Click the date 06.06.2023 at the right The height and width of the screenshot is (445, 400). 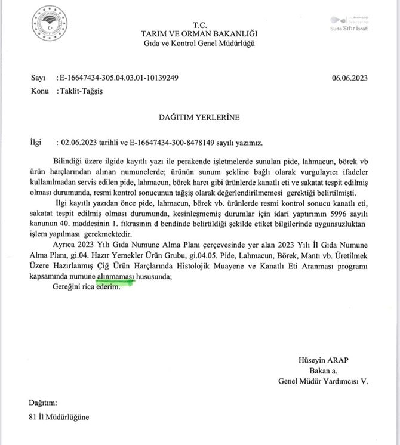click(350, 78)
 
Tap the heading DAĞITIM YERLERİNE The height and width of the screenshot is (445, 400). click(199, 118)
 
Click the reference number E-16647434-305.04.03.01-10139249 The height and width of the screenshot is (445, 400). click(117, 78)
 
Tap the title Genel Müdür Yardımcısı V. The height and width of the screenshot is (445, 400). click(322, 381)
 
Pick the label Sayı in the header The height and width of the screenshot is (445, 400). click(37, 78)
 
